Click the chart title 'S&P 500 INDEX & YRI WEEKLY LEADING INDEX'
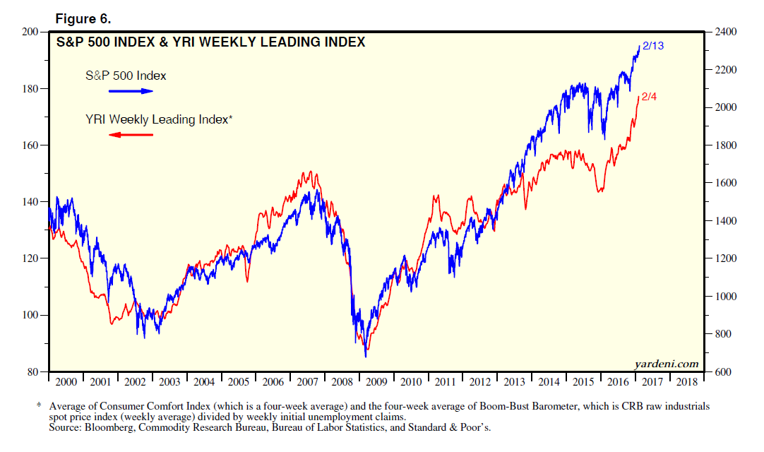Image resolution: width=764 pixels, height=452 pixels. (210, 42)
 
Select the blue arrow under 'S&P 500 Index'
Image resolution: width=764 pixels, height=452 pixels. (131, 91)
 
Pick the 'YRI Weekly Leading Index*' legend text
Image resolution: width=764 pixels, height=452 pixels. (158, 120)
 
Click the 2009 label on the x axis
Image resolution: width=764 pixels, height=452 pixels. (376, 382)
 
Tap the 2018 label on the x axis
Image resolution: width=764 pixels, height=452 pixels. (686, 382)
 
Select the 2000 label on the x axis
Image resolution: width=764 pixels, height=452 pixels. (66, 382)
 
